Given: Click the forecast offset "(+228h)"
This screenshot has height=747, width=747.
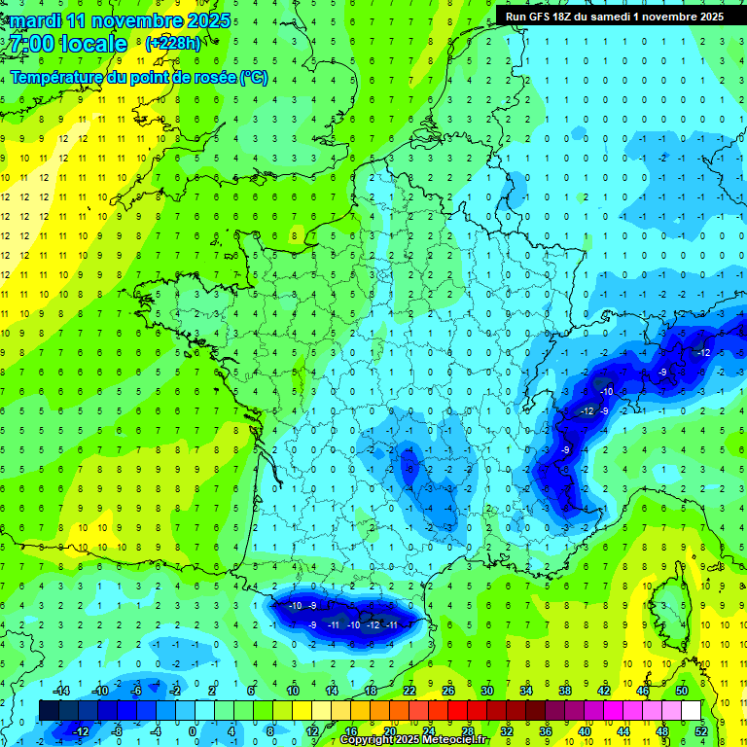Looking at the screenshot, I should click(172, 44).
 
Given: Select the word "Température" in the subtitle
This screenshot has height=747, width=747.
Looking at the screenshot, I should click(56, 78).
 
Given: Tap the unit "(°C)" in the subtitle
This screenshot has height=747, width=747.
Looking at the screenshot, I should click(253, 78).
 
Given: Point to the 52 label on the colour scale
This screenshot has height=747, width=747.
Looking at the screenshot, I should click(700, 730).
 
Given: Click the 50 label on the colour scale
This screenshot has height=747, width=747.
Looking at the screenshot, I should click(681, 690).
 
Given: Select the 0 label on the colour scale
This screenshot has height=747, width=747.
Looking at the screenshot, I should click(193, 730).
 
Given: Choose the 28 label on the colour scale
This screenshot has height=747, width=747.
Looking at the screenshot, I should click(467, 730).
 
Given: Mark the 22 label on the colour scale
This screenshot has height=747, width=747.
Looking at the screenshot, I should click(409, 690).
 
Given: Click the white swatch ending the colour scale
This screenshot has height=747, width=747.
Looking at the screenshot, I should click(691, 710).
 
